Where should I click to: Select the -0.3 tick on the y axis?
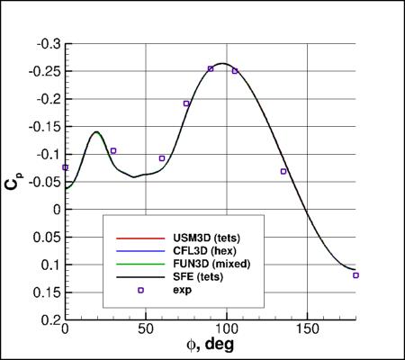pyautogui.click(x=45, y=43)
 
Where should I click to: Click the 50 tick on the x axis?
pyautogui.click(x=144, y=330)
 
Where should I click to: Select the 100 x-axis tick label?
pyautogui.click(x=226, y=330)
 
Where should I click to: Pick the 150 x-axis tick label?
pyautogui.click(x=307, y=330)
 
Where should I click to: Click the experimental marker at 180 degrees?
pyautogui.click(x=355, y=275)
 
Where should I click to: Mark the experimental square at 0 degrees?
pyautogui.click(x=65, y=167)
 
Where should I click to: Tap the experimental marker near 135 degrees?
pyautogui.click(x=283, y=171)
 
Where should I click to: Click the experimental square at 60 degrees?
pyautogui.click(x=162, y=158)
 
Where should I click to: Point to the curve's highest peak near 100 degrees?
pyautogui.click(x=223, y=64)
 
